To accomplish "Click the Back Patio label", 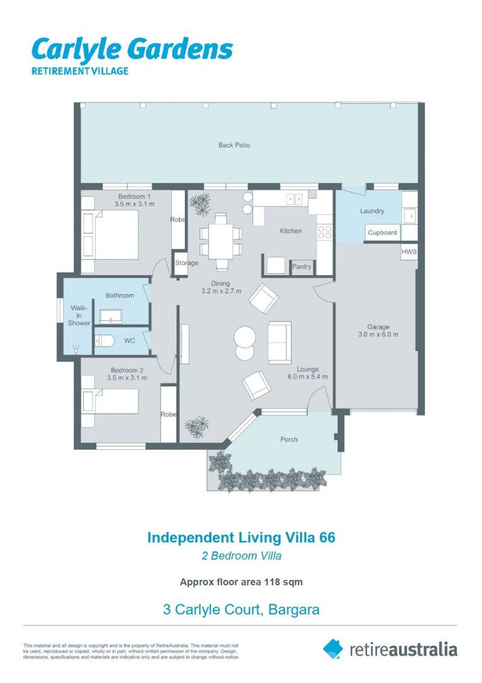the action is click(x=234, y=145).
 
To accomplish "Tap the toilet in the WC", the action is click(x=104, y=340).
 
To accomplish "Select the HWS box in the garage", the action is click(x=409, y=252).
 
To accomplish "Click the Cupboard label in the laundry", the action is click(x=382, y=233).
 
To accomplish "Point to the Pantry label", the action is click(x=301, y=267).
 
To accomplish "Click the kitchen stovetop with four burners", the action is click(x=325, y=232).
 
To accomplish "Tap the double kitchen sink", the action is click(x=294, y=199).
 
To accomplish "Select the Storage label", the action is click(x=186, y=262).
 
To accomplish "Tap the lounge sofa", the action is click(x=279, y=342).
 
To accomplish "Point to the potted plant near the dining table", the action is click(x=200, y=204).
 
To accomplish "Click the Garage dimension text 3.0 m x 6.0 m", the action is click(x=378, y=335).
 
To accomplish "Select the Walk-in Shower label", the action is click(x=79, y=316).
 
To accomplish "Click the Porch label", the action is click(x=289, y=440).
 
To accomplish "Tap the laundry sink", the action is click(x=409, y=215).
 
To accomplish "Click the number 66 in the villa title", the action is click(x=328, y=537).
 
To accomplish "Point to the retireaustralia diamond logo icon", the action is click(x=333, y=649).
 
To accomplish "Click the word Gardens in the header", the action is click(x=183, y=49).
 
